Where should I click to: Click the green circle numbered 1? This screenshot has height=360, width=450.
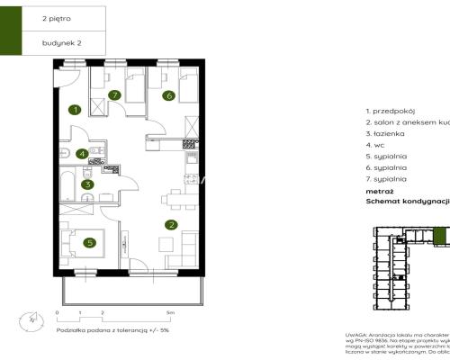[76, 110]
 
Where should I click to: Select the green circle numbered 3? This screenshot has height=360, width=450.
[87, 185]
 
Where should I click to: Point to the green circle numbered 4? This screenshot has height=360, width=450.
[82, 154]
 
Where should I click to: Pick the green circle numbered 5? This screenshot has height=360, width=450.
[88, 241]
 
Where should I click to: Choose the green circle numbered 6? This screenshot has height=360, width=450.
[167, 94]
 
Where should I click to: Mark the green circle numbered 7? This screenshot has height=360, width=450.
[114, 94]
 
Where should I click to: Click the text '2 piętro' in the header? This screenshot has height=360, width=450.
[55, 17]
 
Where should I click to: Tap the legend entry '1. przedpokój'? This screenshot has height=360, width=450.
[390, 110]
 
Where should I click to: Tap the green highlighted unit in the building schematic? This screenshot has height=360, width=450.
[439, 236]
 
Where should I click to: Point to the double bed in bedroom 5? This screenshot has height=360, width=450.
[82, 244]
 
